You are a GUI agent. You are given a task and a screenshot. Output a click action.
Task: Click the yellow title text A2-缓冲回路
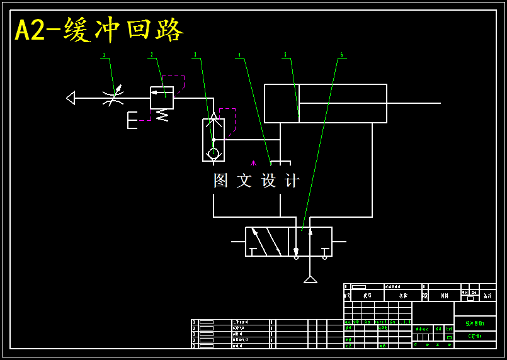[x=99, y=30]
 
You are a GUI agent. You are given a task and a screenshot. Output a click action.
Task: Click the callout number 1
[x=103, y=55]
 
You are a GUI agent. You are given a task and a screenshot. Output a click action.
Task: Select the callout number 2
[x=151, y=55]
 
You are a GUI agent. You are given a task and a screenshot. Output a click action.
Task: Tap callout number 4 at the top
[x=239, y=55]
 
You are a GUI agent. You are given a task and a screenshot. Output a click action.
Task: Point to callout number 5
[x=285, y=55]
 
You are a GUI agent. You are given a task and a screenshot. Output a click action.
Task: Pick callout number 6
[x=341, y=55]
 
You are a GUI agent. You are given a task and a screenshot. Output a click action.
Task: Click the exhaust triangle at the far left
[x=71, y=98]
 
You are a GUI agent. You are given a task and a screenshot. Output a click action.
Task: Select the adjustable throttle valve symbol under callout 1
[x=113, y=98]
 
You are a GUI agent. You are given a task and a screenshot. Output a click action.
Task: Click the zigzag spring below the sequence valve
[x=162, y=115]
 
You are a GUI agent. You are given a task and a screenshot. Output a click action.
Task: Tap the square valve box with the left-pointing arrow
[x=162, y=98]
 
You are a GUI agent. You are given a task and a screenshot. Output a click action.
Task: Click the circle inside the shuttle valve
[x=214, y=153]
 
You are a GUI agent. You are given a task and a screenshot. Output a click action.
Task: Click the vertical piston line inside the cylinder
[x=299, y=103]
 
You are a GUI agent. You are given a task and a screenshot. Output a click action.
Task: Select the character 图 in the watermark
[x=220, y=181]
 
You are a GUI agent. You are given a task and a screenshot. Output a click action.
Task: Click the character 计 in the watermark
[x=292, y=181]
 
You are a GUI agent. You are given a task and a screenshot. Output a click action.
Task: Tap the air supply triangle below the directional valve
[x=310, y=279]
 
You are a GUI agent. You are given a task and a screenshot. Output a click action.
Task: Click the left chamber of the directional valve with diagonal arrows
[x=266, y=242]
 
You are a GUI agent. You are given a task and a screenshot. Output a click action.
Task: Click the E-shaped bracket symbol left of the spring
[x=132, y=120]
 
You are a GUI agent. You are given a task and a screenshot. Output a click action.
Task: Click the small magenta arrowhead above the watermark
[x=253, y=163]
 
